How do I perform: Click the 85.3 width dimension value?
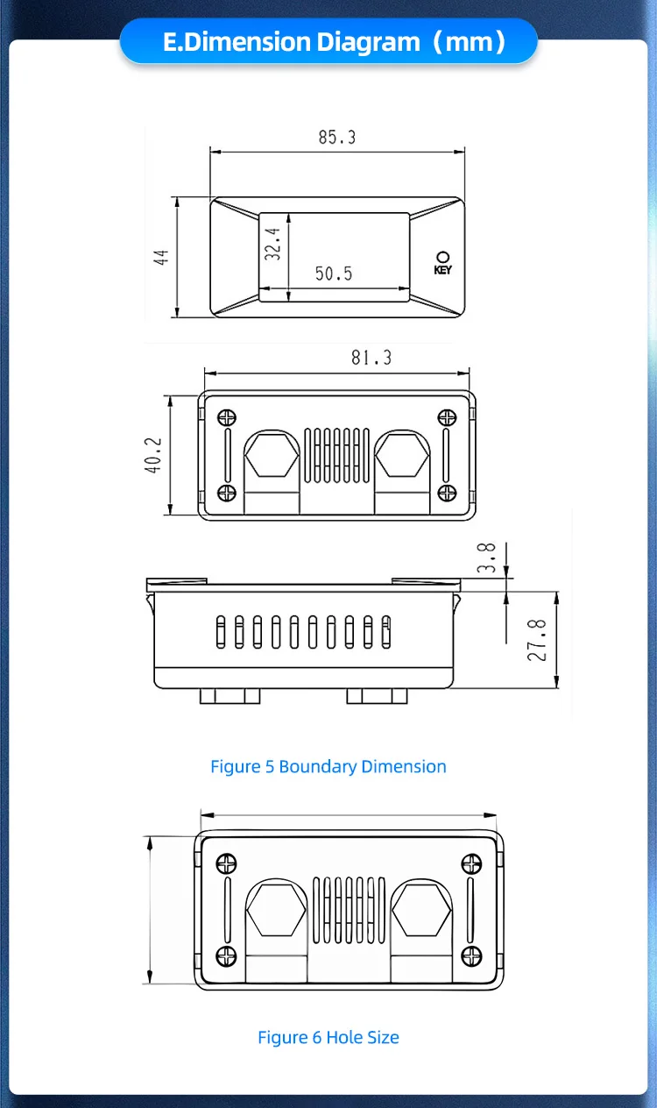tap(337, 138)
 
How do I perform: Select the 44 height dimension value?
tap(161, 257)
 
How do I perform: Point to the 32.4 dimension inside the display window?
tap(272, 244)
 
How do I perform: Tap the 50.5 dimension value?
tap(334, 274)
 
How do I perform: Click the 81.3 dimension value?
tap(371, 358)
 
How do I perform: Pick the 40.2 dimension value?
tap(154, 456)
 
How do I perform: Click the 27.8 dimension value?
tap(539, 640)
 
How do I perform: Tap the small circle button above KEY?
tap(442, 256)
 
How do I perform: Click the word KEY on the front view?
tap(442, 270)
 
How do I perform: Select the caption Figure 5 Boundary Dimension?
tap(328, 767)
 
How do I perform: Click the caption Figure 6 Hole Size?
tap(328, 1038)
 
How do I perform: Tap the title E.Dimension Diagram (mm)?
tap(328, 41)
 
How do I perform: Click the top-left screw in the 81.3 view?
tap(226, 418)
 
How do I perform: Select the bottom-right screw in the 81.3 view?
tap(446, 494)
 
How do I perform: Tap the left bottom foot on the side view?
tap(230, 696)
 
